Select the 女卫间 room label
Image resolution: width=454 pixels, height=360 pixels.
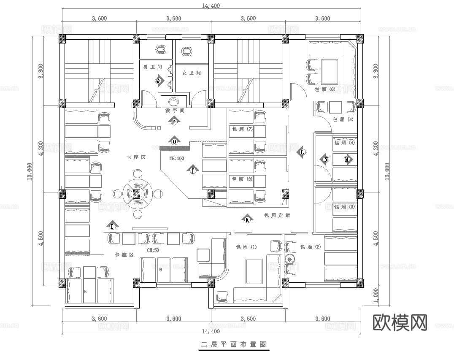(x=191, y=73)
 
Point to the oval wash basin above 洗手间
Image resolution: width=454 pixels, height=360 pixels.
(x=174, y=102)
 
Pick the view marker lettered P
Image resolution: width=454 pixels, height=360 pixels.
(x=174, y=122)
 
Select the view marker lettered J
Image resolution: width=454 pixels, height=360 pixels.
(x=192, y=171)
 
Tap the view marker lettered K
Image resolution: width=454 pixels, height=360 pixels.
(x=247, y=219)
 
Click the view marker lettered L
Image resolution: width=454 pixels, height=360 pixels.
(x=302, y=152)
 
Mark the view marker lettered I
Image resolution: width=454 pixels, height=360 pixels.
(x=112, y=226)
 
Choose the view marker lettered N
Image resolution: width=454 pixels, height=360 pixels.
(x=326, y=160)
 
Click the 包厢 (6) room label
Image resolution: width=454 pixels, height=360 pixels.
(x=325, y=89)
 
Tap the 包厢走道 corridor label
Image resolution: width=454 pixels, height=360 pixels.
(x=276, y=215)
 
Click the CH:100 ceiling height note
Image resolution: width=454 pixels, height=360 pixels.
(x=177, y=159)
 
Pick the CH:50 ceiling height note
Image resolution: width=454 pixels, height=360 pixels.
(x=152, y=250)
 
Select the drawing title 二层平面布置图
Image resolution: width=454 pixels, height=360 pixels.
(x=234, y=344)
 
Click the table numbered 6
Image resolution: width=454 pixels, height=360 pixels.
(x=160, y=269)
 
